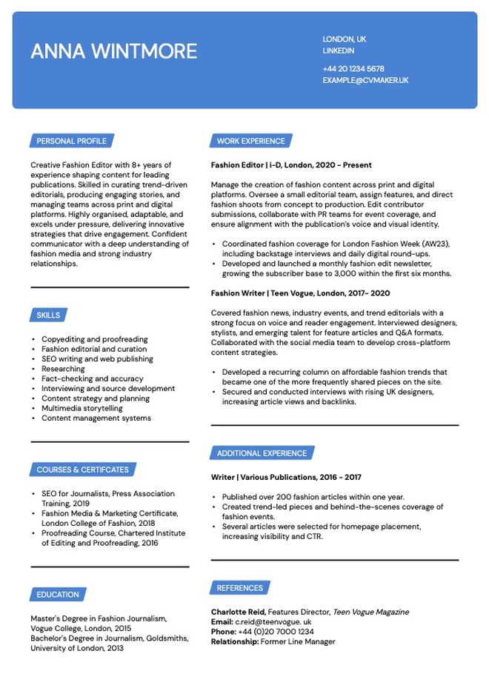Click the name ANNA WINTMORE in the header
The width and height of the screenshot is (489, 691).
point(113,51)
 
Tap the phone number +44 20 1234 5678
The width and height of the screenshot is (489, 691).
point(353,69)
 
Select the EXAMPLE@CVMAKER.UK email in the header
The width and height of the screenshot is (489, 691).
point(365,80)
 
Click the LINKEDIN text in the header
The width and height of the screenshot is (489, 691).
point(338,51)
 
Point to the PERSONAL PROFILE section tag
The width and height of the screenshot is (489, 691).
point(71,141)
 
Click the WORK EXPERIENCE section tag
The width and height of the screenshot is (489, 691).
point(250,141)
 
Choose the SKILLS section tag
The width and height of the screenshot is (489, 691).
point(48,316)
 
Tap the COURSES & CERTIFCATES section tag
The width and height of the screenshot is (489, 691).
point(82,470)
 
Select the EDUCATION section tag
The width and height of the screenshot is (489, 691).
point(57,595)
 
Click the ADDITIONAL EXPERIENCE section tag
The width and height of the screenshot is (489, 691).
point(262,453)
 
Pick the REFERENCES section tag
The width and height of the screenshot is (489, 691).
point(239,588)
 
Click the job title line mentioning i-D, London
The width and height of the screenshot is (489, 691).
point(291,165)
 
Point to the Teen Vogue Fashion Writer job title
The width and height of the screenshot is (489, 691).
point(300,293)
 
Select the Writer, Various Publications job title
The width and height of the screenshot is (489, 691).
point(286,478)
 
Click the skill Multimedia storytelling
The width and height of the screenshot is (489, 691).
point(82,408)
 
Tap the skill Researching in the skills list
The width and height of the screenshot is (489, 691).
point(63,369)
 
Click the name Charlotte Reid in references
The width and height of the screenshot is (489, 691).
point(238,612)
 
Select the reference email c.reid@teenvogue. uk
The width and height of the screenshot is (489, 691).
point(273,622)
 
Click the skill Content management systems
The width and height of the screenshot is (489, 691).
point(96,418)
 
